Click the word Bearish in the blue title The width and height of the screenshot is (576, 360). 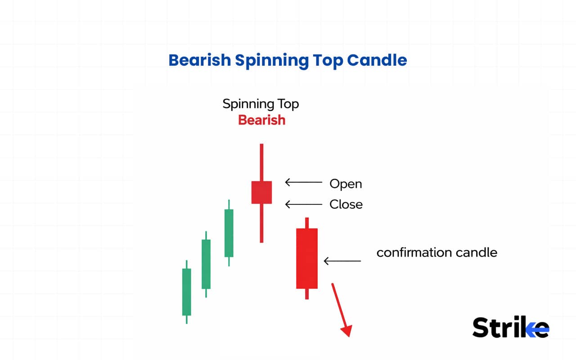(x=200, y=60)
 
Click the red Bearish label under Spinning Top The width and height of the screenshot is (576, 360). (x=261, y=120)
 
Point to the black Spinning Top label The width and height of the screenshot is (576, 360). (x=261, y=104)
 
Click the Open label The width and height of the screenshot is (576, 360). (x=346, y=184)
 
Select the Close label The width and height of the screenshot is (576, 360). (x=346, y=204)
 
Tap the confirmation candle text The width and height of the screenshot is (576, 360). (x=436, y=252)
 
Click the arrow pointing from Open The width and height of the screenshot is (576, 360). (x=304, y=182)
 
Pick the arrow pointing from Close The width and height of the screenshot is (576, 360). (x=304, y=204)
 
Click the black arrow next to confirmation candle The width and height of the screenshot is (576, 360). (x=342, y=261)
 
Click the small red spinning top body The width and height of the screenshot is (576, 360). (x=261, y=192)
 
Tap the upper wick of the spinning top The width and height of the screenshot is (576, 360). (x=261, y=162)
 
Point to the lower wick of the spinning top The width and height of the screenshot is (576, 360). (x=261, y=223)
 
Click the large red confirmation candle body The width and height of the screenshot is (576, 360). (x=307, y=258)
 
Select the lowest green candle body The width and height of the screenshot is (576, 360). (x=186, y=292)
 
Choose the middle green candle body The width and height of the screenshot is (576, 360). (x=206, y=264)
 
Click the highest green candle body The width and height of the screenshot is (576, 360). (x=229, y=233)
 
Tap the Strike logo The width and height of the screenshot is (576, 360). (x=510, y=327)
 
